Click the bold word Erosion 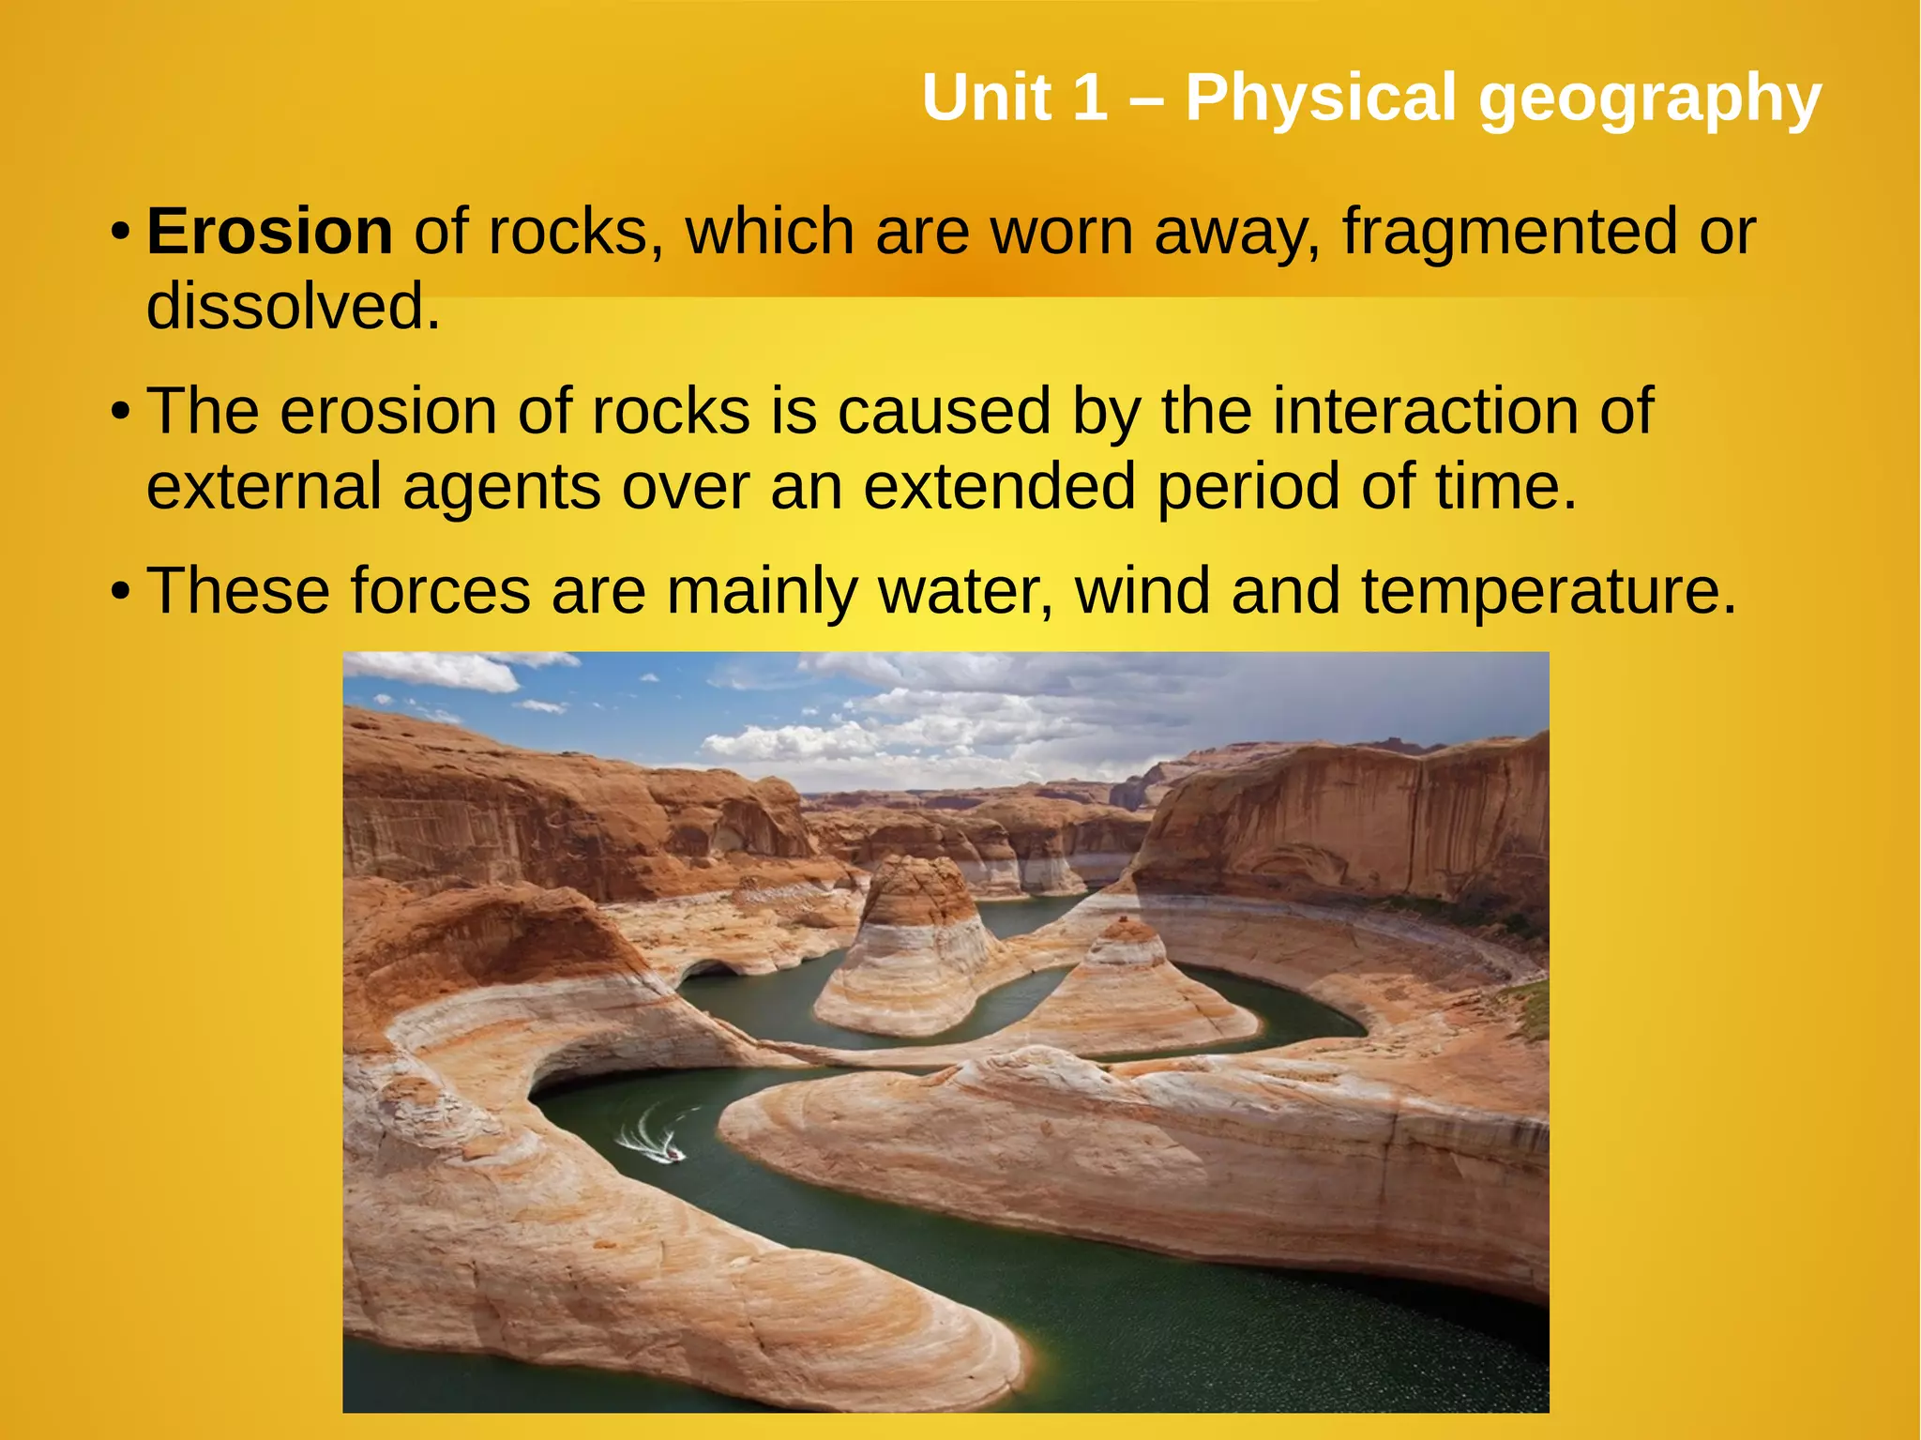click(269, 232)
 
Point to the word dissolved click(293, 307)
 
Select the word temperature click(1549, 591)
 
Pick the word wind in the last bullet click(1142, 591)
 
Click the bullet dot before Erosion click(119, 233)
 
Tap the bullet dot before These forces click(119, 592)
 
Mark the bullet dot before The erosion click(119, 412)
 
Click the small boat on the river click(673, 1154)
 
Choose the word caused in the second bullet click(944, 411)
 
